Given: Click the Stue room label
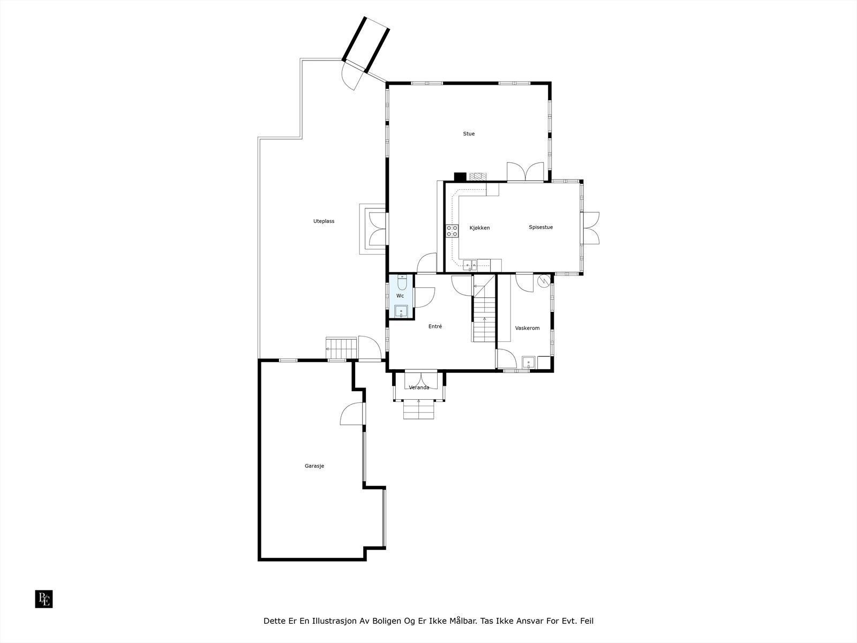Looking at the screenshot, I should [469, 134].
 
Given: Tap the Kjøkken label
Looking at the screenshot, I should [479, 228].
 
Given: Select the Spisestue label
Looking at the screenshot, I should [540, 227].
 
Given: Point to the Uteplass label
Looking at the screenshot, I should [324, 221].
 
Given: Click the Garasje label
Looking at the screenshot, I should [314, 466].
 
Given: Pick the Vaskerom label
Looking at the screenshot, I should [527, 328].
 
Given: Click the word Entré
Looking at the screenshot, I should [435, 326].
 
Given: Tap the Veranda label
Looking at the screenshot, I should [419, 387].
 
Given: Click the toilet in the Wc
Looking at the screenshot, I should [402, 282].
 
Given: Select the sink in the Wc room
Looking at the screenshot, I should [401, 311].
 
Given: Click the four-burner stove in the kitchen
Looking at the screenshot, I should [452, 231].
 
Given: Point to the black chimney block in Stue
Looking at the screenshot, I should [460, 176].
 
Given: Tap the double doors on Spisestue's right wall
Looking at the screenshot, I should [590, 227].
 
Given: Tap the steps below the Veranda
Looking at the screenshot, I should [419, 410].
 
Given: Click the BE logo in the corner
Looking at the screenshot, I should [44, 599].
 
